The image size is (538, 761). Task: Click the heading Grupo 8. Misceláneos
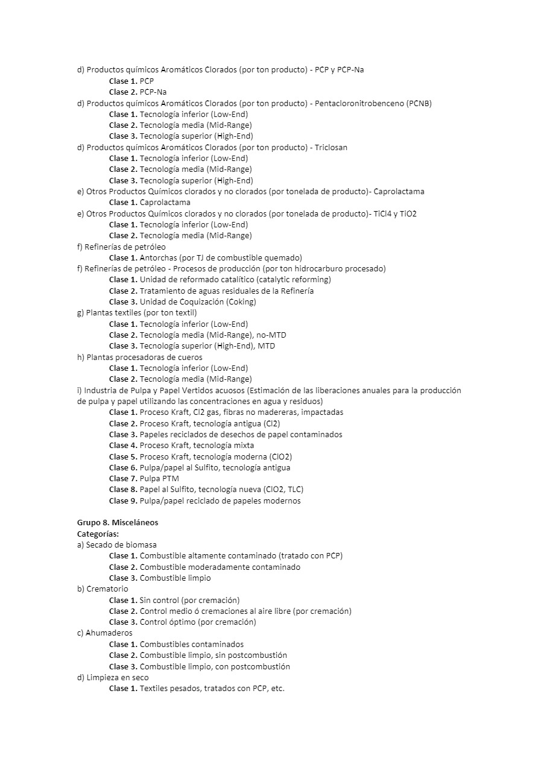tap(118, 523)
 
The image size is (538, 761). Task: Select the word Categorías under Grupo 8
tap(98, 534)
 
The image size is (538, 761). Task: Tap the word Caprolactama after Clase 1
tap(165, 203)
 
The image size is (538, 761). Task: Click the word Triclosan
tap(331, 147)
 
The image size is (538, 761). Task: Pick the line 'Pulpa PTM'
tap(159, 478)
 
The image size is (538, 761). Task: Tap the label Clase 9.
tap(123, 500)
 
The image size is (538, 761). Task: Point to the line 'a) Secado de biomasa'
tap(116, 545)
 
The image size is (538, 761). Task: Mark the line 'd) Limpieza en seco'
tap(113, 677)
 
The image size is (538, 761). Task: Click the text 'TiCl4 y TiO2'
tap(395, 213)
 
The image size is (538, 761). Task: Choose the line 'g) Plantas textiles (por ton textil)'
tap(137, 312)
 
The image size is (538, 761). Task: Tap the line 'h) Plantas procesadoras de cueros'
tap(139, 357)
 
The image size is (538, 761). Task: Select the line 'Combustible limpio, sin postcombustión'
tap(214, 655)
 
